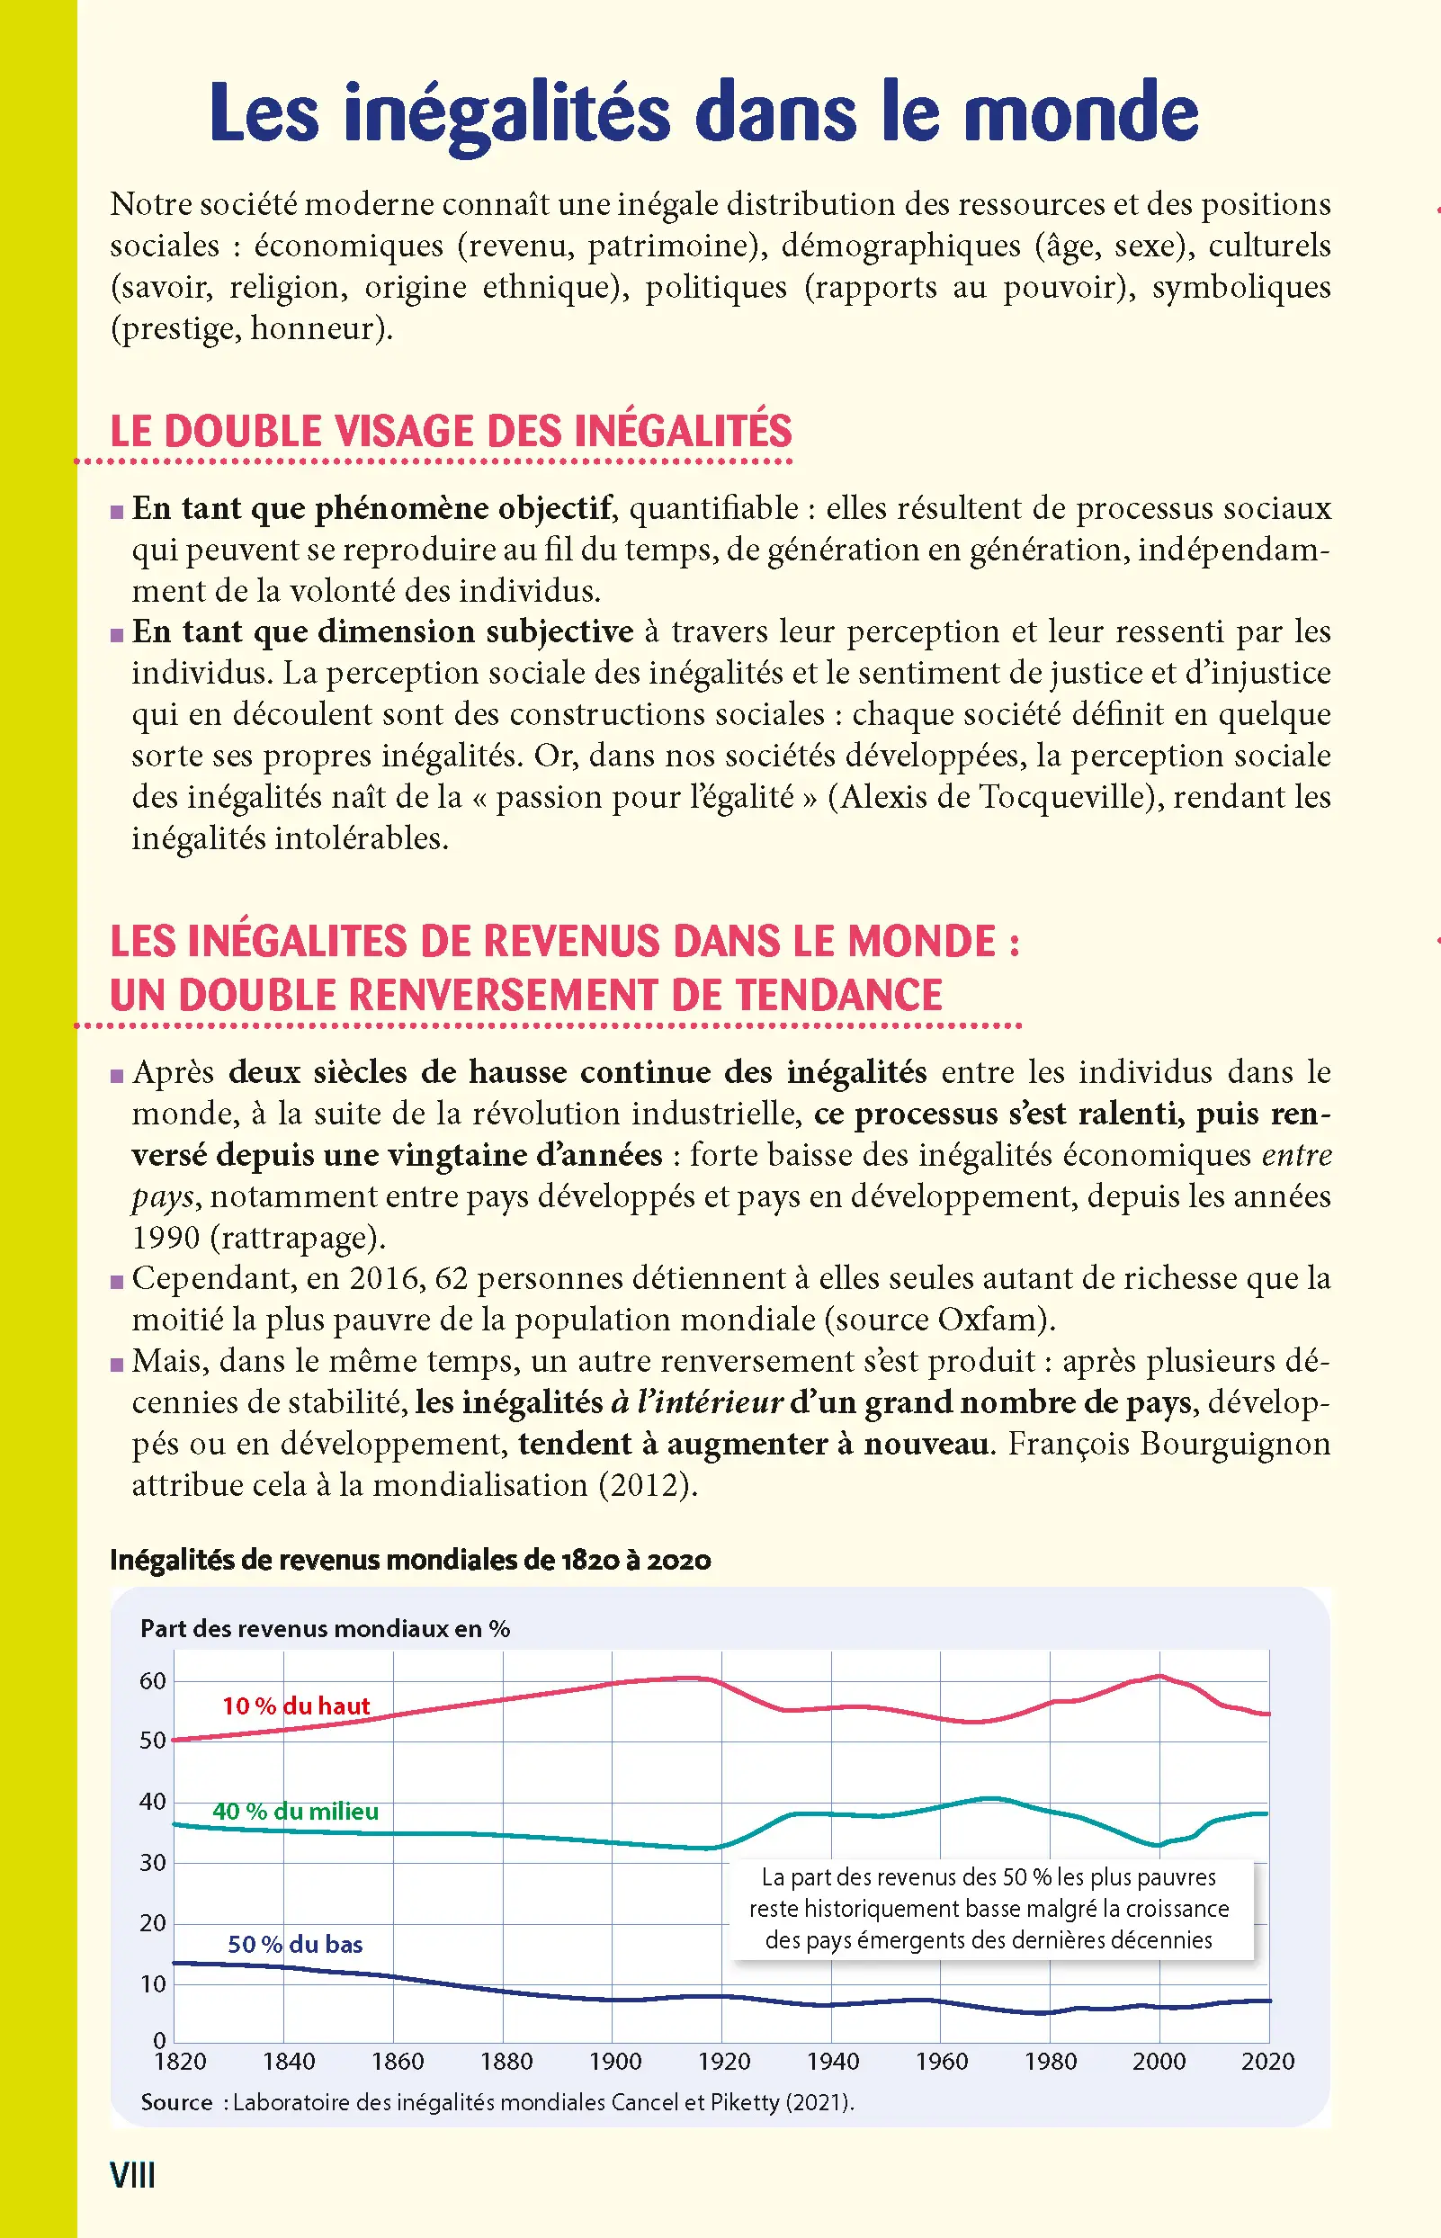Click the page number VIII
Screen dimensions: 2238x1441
click(x=132, y=2174)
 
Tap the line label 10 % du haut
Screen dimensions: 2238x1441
click(x=296, y=1705)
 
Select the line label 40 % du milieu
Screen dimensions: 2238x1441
click(x=295, y=1812)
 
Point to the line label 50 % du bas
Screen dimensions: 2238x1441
click(x=295, y=1944)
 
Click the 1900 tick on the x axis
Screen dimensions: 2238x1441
click(x=614, y=2062)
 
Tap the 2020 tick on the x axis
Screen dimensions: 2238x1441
click(x=1267, y=2062)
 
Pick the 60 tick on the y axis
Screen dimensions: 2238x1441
click(x=153, y=1681)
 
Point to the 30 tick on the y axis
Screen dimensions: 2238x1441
click(x=153, y=1863)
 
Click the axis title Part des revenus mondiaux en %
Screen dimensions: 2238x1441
click(x=325, y=1629)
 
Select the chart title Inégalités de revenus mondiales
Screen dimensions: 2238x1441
click(x=410, y=1560)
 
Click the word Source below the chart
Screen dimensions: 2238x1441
click(x=177, y=2102)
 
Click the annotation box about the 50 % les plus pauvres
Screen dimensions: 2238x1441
click(x=989, y=1909)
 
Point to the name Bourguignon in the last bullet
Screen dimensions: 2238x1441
click(x=1235, y=1444)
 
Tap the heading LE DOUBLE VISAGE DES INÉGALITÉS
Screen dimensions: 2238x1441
click(x=450, y=432)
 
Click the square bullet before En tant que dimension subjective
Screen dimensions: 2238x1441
click(x=117, y=635)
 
